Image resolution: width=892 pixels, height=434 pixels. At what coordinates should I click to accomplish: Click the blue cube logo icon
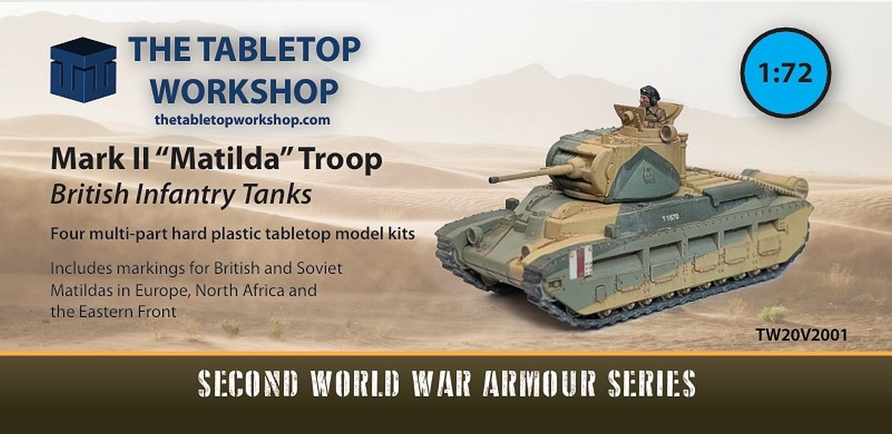(84, 69)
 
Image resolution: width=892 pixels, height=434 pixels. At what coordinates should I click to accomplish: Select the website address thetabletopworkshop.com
(243, 120)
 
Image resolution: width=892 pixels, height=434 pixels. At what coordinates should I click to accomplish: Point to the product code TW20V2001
(801, 335)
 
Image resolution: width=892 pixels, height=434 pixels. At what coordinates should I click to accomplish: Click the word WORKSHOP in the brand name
(245, 91)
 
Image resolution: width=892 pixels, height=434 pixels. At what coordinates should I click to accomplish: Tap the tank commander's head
(649, 95)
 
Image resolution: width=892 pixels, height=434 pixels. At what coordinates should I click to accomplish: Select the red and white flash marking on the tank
(581, 261)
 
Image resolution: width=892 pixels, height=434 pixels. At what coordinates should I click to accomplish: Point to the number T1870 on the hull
(670, 218)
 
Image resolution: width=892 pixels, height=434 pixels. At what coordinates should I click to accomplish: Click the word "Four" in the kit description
(67, 234)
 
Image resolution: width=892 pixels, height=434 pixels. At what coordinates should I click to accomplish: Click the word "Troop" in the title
(341, 159)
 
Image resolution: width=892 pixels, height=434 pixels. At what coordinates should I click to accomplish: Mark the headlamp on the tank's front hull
(473, 236)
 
